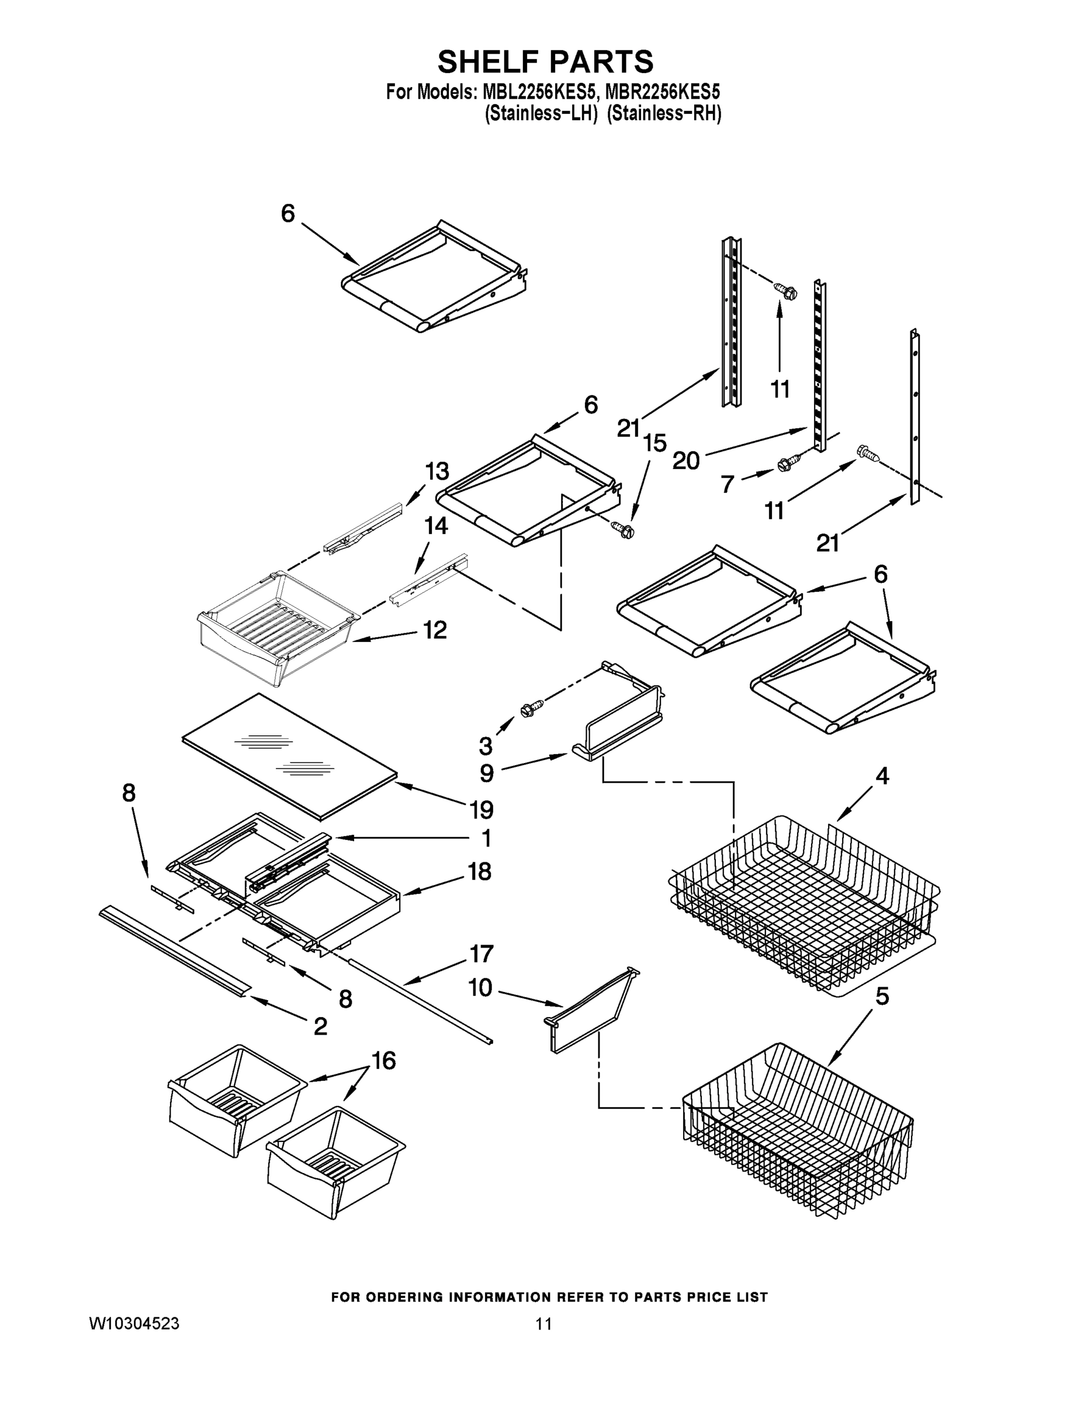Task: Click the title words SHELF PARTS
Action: pyautogui.click(x=545, y=63)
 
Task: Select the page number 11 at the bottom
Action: pyautogui.click(x=543, y=1323)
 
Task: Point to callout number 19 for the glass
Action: pyautogui.click(x=481, y=810)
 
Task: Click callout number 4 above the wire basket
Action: pyautogui.click(x=882, y=776)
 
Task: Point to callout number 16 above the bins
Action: pyautogui.click(x=383, y=1060)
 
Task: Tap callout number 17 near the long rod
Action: pyautogui.click(x=481, y=954)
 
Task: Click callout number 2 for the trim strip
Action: pyautogui.click(x=320, y=1026)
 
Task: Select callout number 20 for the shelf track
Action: pyautogui.click(x=686, y=460)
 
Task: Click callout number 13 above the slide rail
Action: pyautogui.click(x=437, y=471)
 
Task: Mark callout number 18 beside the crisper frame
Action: pyautogui.click(x=480, y=872)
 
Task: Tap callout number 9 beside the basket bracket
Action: pyautogui.click(x=486, y=773)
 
